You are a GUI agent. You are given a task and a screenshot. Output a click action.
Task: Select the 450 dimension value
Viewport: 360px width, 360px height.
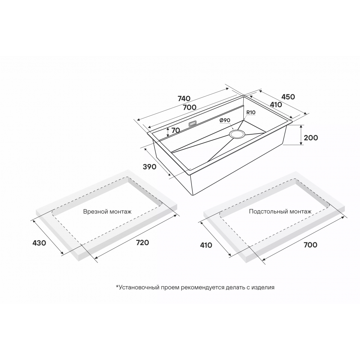(288, 97)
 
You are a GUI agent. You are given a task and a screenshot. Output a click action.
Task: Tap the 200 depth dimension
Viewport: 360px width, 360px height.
(311, 138)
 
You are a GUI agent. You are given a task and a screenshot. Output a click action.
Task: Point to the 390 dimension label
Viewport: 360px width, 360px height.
(149, 167)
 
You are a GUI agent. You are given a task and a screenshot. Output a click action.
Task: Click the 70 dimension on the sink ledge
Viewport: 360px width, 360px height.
(176, 131)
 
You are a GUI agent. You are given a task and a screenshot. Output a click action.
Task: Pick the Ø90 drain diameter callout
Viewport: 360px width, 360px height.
(224, 121)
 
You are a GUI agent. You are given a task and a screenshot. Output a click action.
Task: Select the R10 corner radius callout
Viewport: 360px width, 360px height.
(251, 113)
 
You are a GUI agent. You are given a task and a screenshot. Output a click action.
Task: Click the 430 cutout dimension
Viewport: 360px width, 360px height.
(39, 243)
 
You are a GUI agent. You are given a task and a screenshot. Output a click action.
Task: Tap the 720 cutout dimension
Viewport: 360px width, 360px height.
(142, 243)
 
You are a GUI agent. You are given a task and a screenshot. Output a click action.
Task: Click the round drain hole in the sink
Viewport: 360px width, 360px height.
(237, 134)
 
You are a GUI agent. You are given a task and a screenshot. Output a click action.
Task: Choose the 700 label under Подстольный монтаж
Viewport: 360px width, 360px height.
(310, 245)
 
